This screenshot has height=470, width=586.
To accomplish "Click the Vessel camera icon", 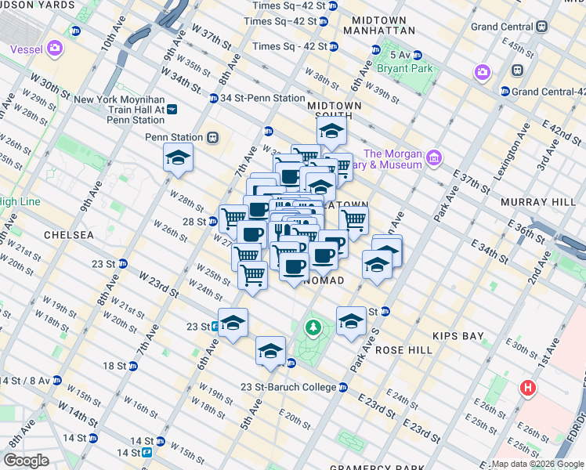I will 54,49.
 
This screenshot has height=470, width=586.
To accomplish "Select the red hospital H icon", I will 530,387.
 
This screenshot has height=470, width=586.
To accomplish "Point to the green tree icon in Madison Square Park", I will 313,327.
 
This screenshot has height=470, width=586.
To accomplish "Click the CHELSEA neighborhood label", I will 69,234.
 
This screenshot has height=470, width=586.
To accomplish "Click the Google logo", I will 26,460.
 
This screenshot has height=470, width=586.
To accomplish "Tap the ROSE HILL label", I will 403,350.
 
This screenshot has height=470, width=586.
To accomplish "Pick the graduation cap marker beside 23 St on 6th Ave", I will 233,323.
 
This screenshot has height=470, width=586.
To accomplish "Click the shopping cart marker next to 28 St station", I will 234,218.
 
